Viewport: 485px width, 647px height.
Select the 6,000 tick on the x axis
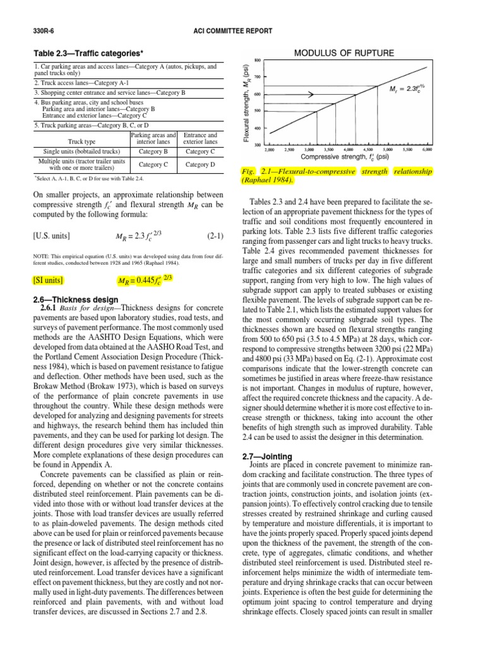tap(427, 150)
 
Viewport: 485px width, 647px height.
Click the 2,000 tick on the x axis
tap(270, 150)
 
